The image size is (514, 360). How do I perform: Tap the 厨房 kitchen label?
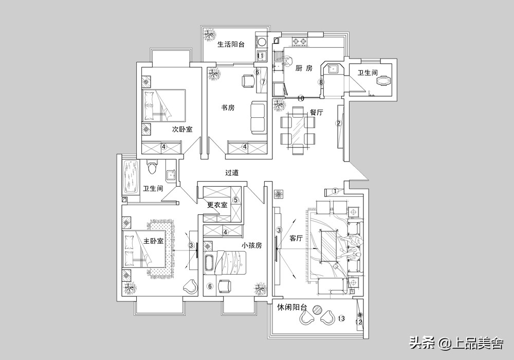click(304, 68)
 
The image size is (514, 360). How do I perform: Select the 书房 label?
click(228, 107)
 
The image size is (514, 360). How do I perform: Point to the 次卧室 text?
click(182, 130)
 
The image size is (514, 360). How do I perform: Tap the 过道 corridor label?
click(232, 173)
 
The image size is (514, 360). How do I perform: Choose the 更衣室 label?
click(217, 205)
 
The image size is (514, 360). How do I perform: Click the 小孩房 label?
click(252, 246)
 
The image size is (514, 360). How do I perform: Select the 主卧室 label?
click(153, 241)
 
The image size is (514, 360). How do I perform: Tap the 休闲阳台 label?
click(292, 308)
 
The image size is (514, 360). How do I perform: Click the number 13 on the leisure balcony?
click(341, 319)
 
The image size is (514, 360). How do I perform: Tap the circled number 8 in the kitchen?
click(321, 82)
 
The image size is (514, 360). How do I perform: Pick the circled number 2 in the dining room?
click(338, 123)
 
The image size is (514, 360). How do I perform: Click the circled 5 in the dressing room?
click(236, 200)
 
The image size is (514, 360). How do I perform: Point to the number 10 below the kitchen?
click(301, 98)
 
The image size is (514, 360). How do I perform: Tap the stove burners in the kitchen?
click(300, 41)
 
